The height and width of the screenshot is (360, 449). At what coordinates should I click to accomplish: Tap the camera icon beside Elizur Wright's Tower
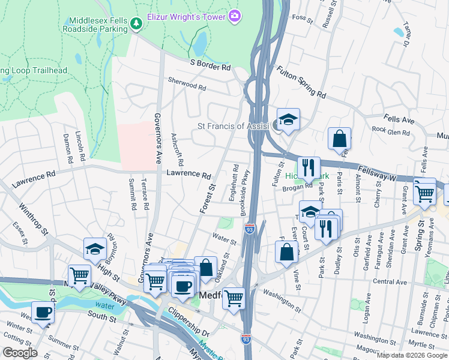236,14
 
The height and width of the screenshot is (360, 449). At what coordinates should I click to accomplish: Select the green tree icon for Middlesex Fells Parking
137,23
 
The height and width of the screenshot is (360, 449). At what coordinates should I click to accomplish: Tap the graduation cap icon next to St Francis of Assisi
288,118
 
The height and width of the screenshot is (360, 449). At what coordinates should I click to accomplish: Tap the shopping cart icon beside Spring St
424,192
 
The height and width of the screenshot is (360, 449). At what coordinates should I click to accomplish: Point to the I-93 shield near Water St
249,229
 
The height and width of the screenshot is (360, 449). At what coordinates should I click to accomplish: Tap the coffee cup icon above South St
43,311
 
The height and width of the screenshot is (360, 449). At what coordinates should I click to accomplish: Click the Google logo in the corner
19,353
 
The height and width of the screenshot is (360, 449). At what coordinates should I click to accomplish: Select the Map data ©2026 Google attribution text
412,355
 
